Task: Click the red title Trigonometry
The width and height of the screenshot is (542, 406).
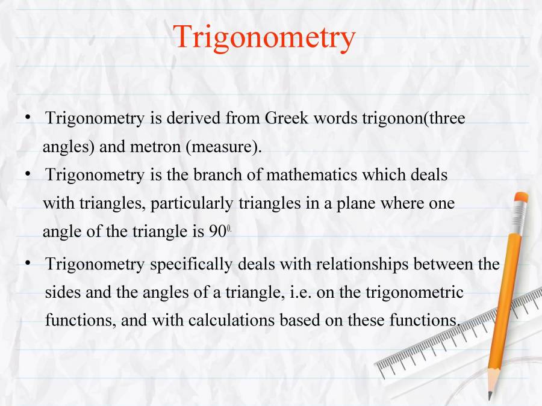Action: [264, 37]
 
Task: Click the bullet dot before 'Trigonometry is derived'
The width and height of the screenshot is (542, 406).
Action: [28, 118]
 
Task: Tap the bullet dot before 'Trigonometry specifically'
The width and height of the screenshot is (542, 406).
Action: [28, 263]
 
